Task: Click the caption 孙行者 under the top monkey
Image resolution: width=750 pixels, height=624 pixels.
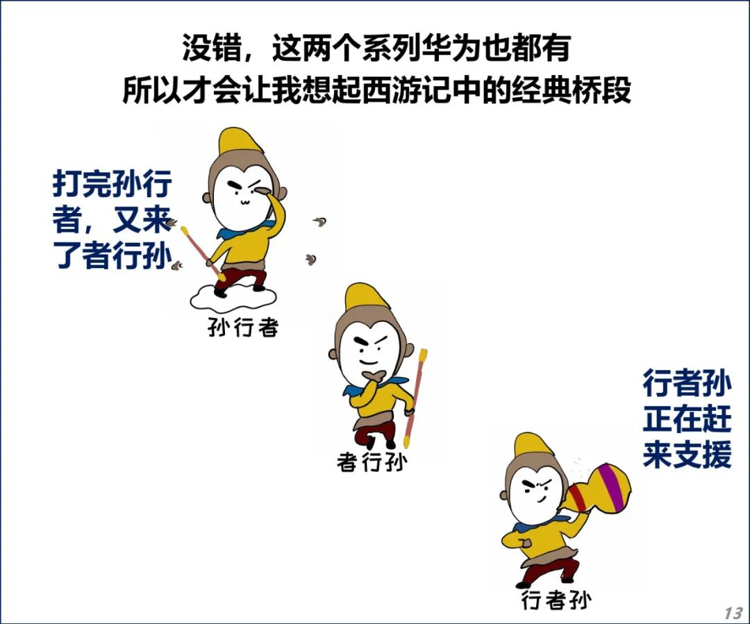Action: click(x=242, y=328)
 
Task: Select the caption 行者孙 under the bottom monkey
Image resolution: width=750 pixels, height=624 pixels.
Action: click(x=556, y=600)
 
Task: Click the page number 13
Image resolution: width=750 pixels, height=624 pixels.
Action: click(x=733, y=613)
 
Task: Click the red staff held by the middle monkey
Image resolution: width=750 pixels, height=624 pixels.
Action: click(x=415, y=397)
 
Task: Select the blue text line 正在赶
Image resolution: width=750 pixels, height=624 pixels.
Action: click(x=687, y=419)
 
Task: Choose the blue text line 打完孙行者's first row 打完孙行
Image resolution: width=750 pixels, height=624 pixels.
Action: click(x=112, y=184)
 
